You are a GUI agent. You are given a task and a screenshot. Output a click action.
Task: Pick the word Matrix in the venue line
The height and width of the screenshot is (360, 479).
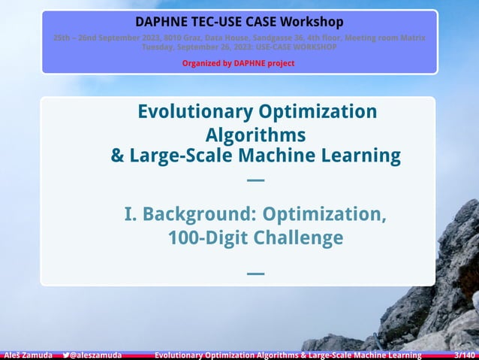click(x=411, y=38)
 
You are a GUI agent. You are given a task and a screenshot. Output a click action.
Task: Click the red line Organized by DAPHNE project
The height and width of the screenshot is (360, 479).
click(x=239, y=63)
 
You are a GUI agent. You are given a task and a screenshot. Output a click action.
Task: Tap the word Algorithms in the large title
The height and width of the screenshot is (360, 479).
click(x=255, y=135)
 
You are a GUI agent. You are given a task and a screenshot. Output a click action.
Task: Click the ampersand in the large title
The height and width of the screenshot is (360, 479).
click(x=118, y=156)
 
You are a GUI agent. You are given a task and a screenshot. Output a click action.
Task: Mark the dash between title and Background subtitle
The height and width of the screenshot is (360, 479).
click(x=255, y=180)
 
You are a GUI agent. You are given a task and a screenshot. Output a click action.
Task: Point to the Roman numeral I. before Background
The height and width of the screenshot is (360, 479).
click(x=131, y=215)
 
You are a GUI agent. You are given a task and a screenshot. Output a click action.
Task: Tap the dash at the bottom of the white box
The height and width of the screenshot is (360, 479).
click(x=255, y=273)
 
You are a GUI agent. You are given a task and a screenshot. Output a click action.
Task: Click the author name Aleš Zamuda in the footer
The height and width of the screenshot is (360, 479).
click(x=27, y=355)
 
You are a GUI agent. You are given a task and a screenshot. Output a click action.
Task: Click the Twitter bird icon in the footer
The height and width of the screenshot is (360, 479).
click(x=66, y=355)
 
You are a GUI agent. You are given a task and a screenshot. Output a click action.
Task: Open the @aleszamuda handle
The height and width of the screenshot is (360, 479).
click(x=95, y=355)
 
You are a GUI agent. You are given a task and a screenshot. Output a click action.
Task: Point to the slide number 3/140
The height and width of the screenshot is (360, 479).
click(x=465, y=355)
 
